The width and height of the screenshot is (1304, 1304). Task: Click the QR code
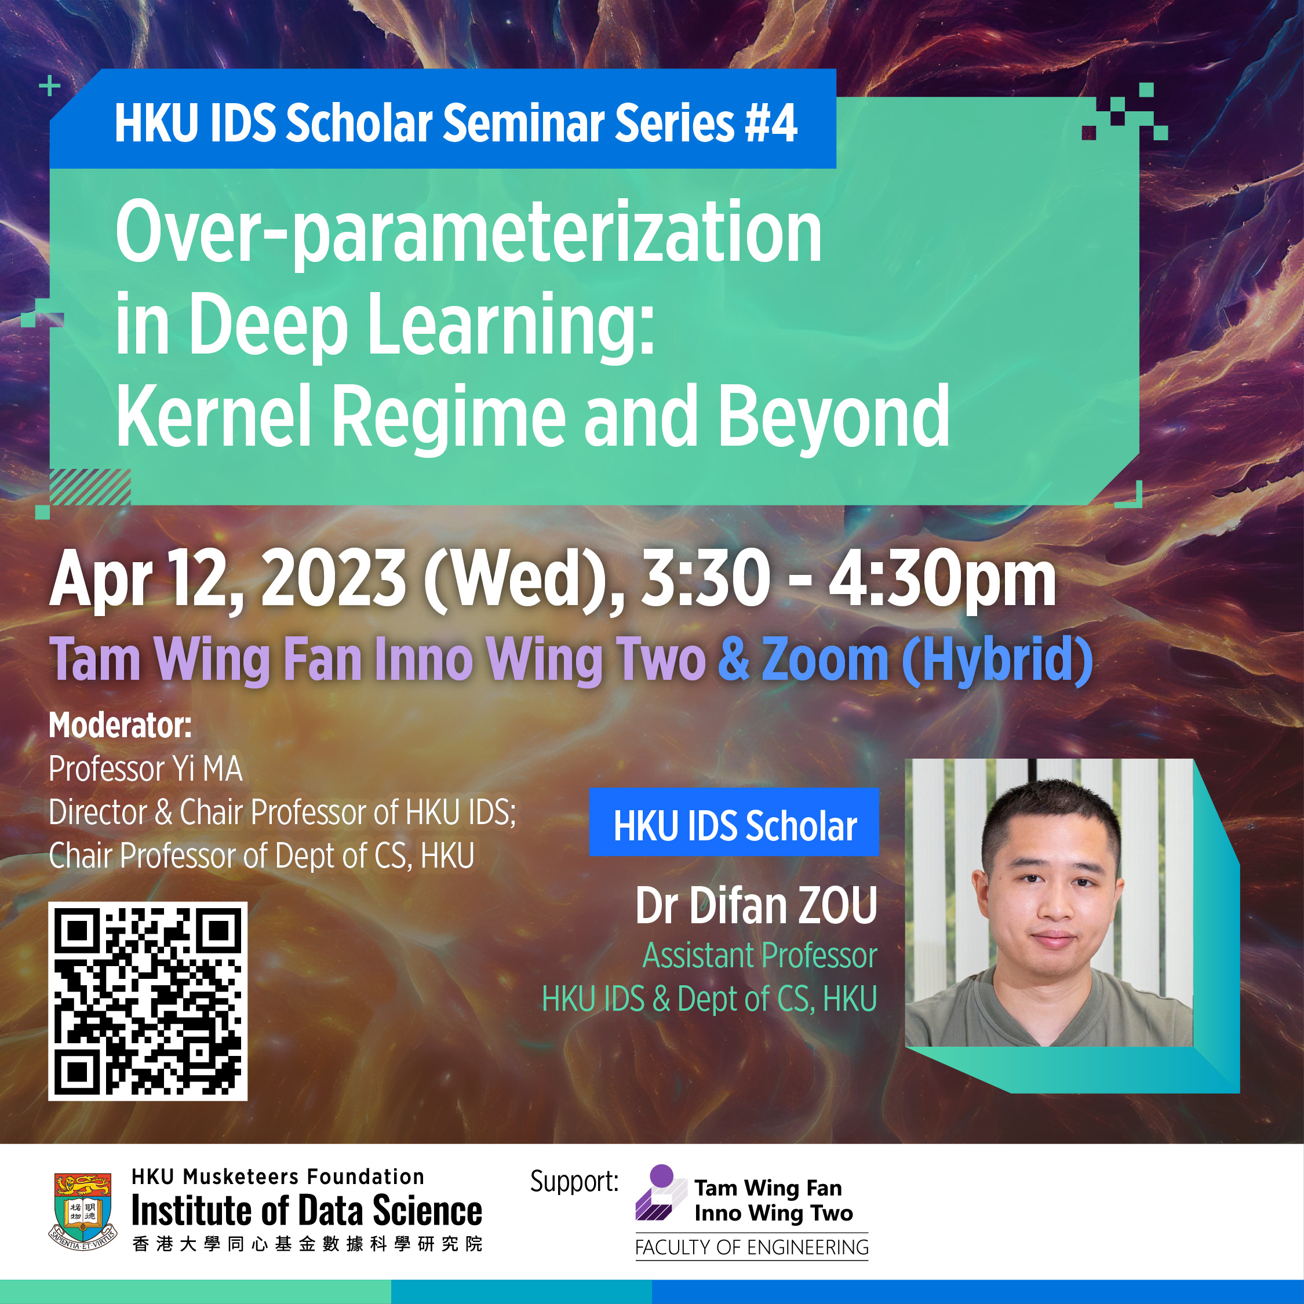148,1001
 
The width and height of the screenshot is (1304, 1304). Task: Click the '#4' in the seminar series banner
771,123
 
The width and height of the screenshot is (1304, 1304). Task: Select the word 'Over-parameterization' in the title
468,233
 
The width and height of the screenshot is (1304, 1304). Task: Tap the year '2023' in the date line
334,578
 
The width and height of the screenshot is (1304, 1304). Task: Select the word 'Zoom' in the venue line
825,660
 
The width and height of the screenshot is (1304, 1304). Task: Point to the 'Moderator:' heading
120,726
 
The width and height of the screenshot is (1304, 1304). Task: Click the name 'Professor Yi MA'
146,768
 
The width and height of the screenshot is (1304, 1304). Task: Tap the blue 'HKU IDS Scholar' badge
734,822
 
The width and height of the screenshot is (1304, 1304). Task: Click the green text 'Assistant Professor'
760,956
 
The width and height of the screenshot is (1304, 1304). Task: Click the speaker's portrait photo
1049,902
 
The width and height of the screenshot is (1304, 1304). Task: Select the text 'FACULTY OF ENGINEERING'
752,1247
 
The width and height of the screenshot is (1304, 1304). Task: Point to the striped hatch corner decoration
90,487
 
